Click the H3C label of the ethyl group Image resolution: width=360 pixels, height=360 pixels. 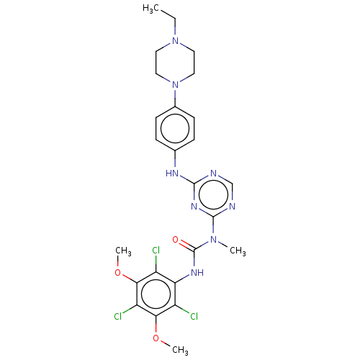click(150, 9)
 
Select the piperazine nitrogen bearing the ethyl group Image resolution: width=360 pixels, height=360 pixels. click(176, 40)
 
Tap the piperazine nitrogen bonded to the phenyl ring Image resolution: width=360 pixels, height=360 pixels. click(176, 84)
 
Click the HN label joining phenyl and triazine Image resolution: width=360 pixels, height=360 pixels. click(172, 173)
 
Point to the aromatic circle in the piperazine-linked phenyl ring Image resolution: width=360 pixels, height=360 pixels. click(175, 128)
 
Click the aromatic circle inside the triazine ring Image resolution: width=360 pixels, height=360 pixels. click(213, 194)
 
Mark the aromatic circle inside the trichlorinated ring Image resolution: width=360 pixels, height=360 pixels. click(156, 294)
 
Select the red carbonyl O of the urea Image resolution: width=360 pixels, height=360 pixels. click(176, 239)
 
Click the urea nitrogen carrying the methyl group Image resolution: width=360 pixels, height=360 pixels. click(213, 239)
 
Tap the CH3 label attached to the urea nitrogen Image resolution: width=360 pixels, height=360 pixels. click(238, 251)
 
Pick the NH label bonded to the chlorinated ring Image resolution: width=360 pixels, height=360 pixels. click(197, 272)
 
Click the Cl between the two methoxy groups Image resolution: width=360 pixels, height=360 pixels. click(118, 317)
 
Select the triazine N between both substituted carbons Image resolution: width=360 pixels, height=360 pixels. click(194, 206)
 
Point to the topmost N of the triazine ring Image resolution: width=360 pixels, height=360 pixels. click(213, 173)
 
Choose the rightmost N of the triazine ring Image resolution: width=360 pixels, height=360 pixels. click(232, 206)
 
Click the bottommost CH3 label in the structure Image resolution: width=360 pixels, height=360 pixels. click(180, 350)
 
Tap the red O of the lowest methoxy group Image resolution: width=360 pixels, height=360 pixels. click(156, 338)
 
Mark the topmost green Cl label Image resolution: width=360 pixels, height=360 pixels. click(156, 251)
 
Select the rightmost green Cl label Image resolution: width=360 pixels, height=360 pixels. click(194, 317)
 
